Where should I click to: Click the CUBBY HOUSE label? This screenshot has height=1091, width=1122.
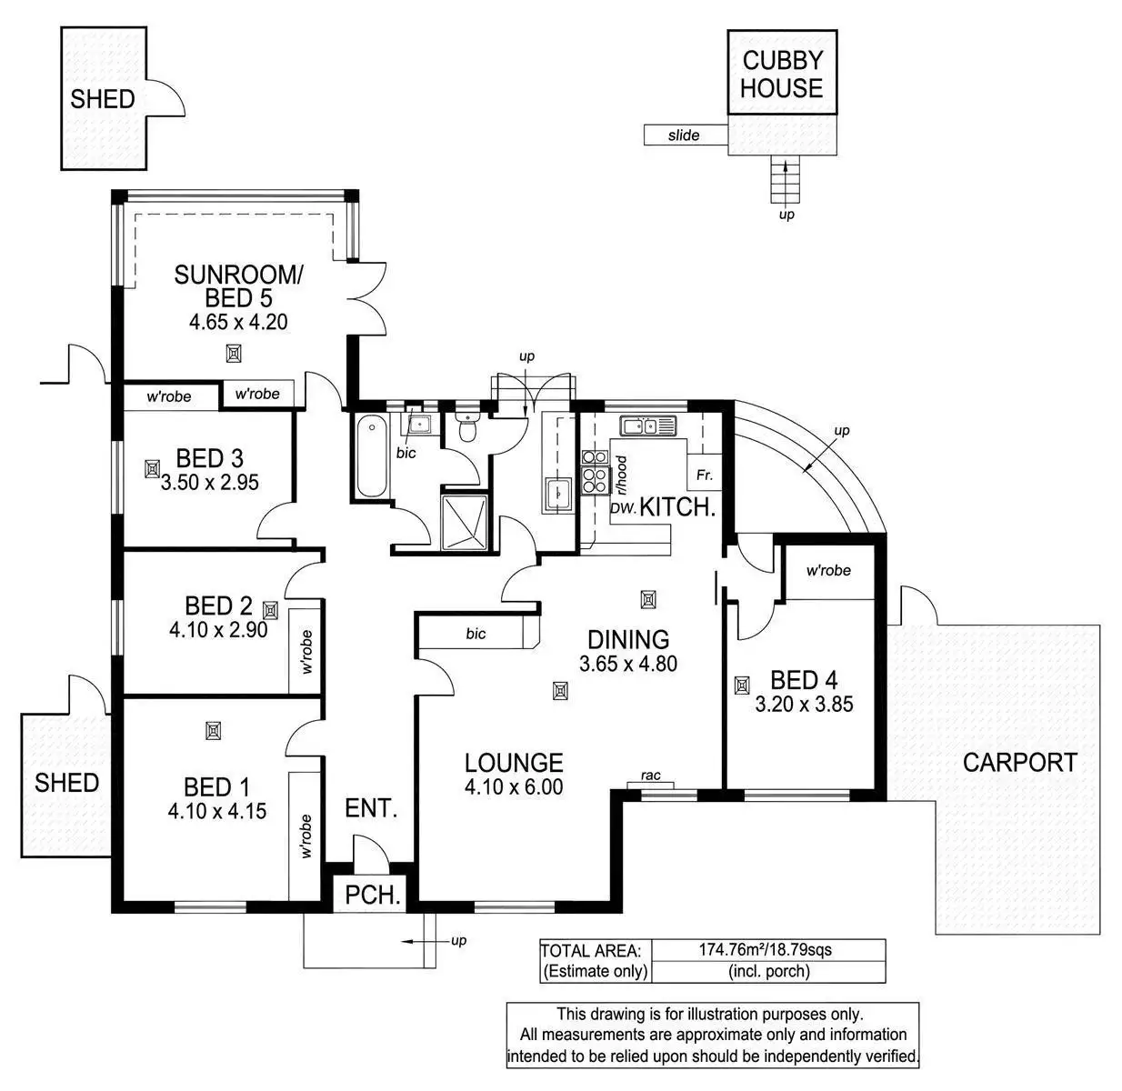[x=782, y=75]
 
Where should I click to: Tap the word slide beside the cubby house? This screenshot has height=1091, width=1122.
[x=684, y=135]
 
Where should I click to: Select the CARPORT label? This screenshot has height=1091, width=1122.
[x=1019, y=763]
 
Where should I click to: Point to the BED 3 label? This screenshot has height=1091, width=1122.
[x=209, y=458]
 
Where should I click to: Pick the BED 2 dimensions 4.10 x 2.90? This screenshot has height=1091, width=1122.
[x=217, y=629]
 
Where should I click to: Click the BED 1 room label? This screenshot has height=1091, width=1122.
[x=216, y=787]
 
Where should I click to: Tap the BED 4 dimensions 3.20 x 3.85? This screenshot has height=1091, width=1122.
[x=804, y=704]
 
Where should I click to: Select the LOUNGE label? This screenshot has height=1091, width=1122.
[x=514, y=763]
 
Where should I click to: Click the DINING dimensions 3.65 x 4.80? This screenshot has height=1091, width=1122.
[x=627, y=664]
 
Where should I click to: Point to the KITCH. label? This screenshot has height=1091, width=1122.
[x=677, y=507]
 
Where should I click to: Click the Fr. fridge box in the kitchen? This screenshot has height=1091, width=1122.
[x=704, y=475]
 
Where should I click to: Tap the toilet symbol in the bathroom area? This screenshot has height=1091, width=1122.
[x=468, y=427]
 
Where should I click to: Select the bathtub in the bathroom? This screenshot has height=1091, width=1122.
[x=372, y=456]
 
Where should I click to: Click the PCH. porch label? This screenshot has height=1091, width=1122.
[x=373, y=896]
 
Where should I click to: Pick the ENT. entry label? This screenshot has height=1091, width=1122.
[x=371, y=807]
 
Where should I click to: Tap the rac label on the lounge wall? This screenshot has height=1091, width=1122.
[x=650, y=776]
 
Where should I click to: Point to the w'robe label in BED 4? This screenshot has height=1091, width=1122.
[x=828, y=570]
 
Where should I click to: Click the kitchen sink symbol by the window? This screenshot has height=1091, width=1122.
[x=646, y=425]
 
